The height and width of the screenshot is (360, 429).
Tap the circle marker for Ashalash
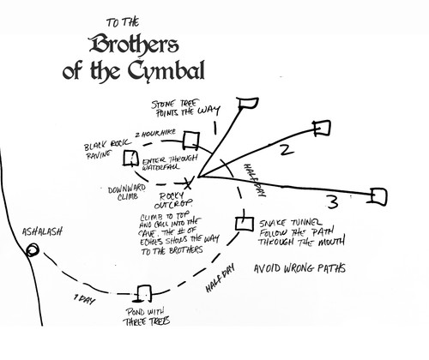point(33,250)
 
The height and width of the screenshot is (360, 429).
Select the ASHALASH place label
point(39,231)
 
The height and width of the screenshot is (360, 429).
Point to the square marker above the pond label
point(145,293)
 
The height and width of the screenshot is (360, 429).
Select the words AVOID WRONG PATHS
point(299,268)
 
